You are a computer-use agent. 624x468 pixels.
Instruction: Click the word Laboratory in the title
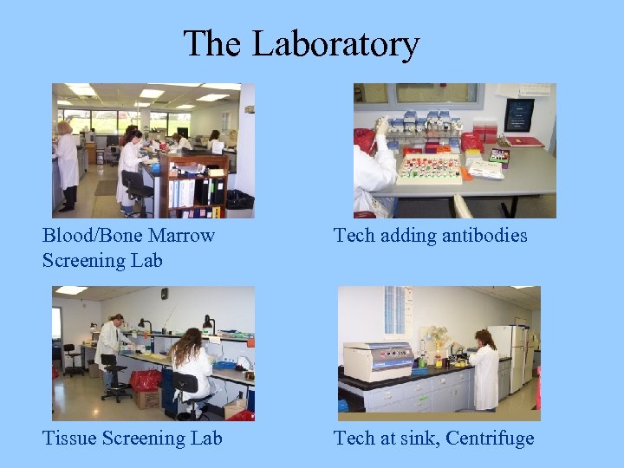coord(335,43)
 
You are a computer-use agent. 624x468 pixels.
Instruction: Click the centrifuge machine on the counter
coord(377,360)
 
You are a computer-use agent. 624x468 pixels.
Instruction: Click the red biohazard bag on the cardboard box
coord(145,380)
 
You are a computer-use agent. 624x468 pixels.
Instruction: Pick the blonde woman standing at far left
coord(66,165)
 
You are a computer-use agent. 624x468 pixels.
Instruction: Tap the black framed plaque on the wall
coord(520,114)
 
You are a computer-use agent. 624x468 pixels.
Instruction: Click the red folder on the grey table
coord(523,141)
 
